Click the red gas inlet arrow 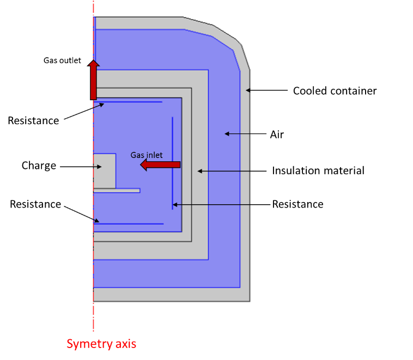(x=160, y=164)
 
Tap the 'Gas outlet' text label (x=62, y=60)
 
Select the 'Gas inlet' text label (x=146, y=155)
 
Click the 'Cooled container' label (x=335, y=91)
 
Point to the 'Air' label (x=277, y=134)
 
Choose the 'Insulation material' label (x=318, y=170)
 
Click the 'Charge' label (x=39, y=166)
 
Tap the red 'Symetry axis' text (x=101, y=344)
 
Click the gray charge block (x=104, y=170)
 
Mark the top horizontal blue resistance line (x=129, y=102)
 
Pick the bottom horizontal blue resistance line (x=129, y=224)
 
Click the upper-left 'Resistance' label (x=33, y=120)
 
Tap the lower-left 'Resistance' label (x=35, y=204)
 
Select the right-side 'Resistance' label (x=297, y=204)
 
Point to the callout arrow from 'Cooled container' (x=266, y=90)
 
